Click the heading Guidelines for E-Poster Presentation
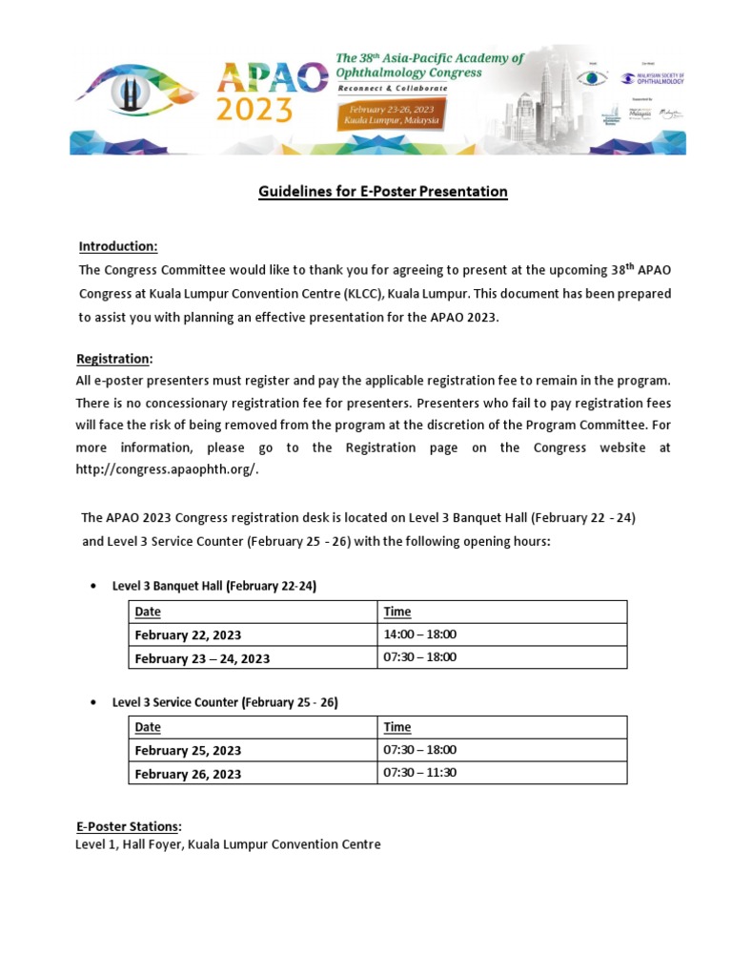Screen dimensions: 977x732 [383, 192]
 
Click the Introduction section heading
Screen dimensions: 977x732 [117, 247]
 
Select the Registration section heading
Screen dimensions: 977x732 [113, 359]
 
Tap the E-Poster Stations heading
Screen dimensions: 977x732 [128, 826]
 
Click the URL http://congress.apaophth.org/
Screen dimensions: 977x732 [167, 469]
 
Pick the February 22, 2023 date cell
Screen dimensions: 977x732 [188, 635]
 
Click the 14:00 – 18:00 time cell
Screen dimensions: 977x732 [419, 634]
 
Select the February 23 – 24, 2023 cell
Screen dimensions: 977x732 [202, 658]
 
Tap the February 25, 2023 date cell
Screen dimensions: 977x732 [188, 750]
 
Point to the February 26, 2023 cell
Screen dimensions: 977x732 [188, 774]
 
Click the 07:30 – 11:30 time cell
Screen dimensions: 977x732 [419, 773]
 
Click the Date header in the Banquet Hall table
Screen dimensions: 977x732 [148, 612]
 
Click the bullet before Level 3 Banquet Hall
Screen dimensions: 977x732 [92, 587]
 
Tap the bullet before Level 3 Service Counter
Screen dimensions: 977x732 [92, 702]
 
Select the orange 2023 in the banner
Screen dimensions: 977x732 [254, 111]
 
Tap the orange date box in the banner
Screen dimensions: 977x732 [391, 115]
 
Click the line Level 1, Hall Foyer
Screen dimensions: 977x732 [228, 844]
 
